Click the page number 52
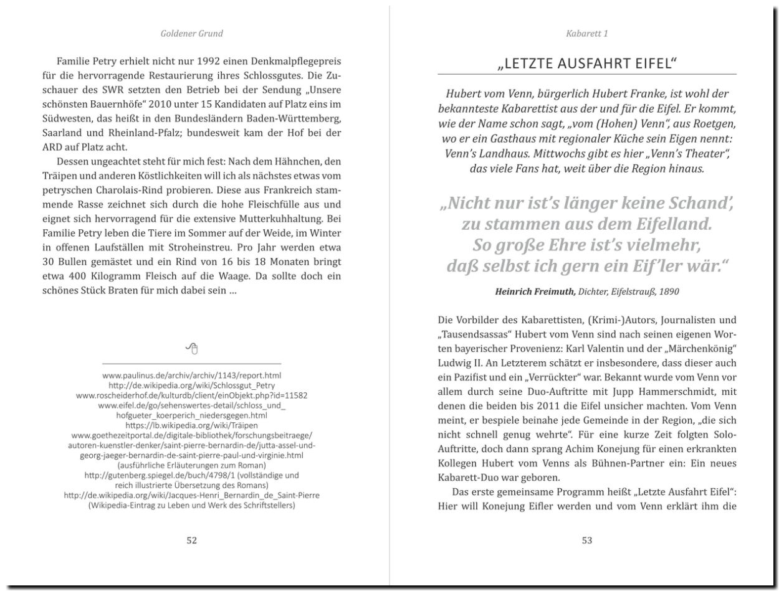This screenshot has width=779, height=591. pyautogui.click(x=192, y=541)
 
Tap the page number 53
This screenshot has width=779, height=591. pyautogui.click(x=586, y=541)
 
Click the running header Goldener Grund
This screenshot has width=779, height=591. pyautogui.click(x=191, y=33)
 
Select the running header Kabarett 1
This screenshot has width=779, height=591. pyautogui.click(x=586, y=33)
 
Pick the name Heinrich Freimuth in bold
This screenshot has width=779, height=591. pyautogui.click(x=535, y=291)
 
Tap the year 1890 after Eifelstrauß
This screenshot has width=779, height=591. pyautogui.click(x=667, y=291)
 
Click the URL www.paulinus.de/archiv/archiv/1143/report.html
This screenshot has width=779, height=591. pyautogui.click(x=191, y=376)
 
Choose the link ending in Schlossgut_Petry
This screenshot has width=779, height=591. pyautogui.click(x=191, y=385)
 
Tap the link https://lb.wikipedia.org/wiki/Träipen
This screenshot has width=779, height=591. pyautogui.click(x=191, y=425)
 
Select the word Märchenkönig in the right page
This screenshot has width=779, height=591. pyautogui.click(x=700, y=348)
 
